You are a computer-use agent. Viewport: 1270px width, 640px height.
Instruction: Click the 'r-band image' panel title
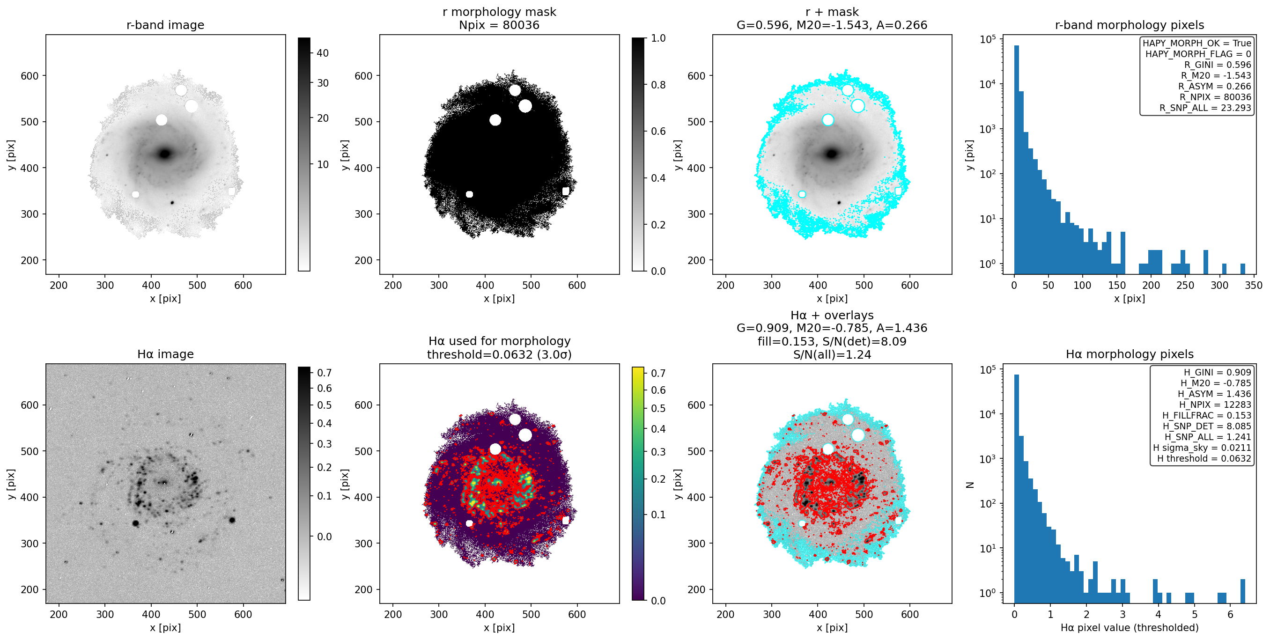[x=165, y=25]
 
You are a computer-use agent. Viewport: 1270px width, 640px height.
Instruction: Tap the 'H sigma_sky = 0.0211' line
[x=1202, y=448]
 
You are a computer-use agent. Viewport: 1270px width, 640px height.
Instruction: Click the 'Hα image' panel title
[x=165, y=354]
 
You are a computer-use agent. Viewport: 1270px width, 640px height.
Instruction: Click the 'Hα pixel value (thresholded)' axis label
[x=1130, y=628]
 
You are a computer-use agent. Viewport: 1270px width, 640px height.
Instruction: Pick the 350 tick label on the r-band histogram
[x=1253, y=285]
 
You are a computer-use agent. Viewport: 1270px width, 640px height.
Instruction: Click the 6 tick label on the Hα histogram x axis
[x=1230, y=614]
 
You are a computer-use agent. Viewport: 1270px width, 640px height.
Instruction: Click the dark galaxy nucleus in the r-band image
[x=165, y=154]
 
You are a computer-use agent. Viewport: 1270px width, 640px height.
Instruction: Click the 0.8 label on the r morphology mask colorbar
[x=658, y=85]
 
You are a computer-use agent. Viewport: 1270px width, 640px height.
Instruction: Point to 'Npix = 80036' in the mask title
[x=499, y=25]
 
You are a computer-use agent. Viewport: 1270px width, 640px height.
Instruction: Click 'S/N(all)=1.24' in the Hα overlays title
[x=832, y=354]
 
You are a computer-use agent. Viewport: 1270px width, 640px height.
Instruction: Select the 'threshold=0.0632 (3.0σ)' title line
[x=499, y=354]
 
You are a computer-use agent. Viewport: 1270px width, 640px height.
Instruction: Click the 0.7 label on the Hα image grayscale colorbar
[x=324, y=373]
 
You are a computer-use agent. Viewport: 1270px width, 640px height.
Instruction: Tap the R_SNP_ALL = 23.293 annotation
[x=1205, y=108]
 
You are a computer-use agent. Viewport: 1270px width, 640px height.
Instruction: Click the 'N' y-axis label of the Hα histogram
[x=970, y=485]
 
